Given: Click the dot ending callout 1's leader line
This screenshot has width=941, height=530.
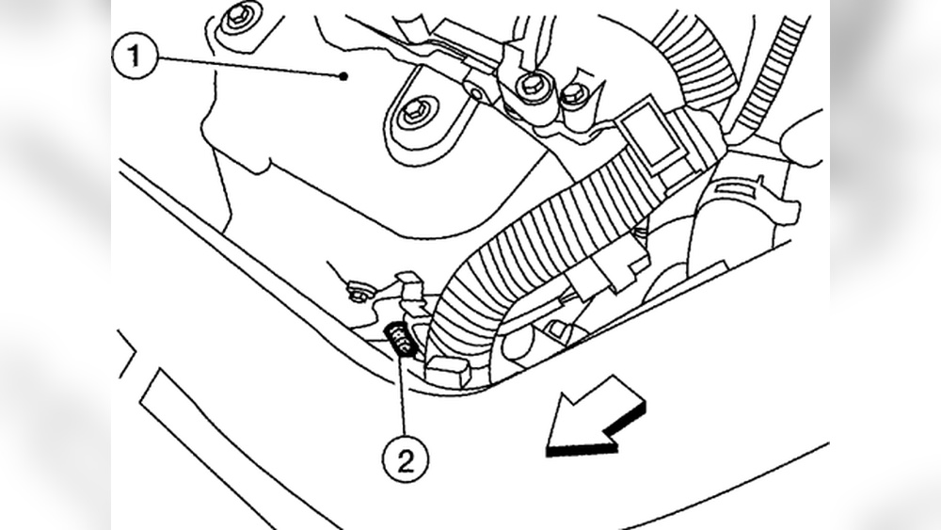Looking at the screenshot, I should (x=345, y=75).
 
